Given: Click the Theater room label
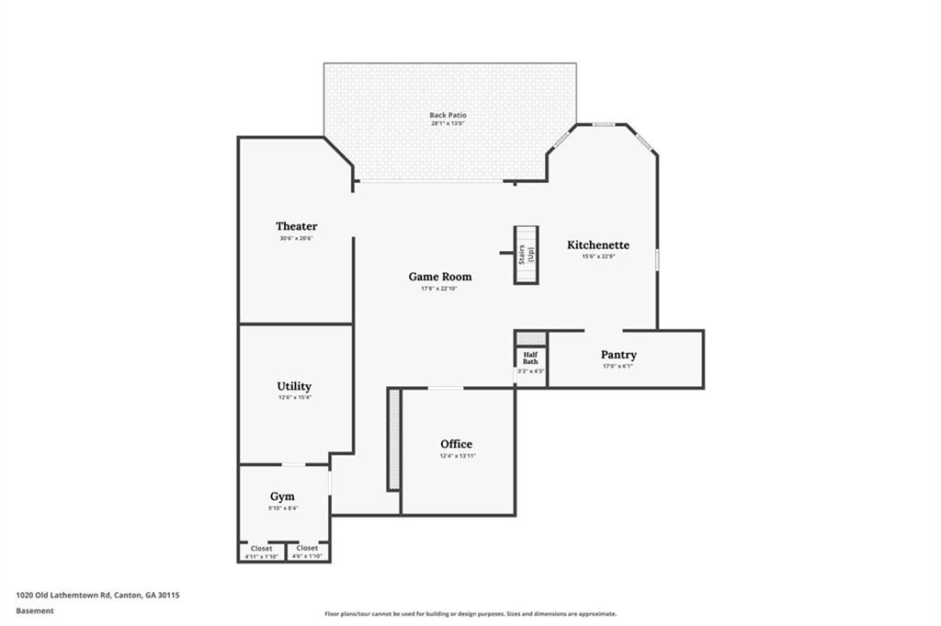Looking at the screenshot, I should coord(296,226).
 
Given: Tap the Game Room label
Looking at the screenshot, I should coord(440,277).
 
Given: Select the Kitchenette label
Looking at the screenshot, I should coord(598,245).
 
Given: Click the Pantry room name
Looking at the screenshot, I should coord(618,355).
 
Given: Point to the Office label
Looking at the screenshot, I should coord(457,444).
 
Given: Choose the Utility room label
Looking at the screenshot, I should coord(294,386).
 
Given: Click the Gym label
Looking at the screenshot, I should coord(282,496).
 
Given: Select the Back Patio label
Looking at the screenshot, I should coord(448,116).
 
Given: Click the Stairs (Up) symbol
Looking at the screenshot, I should coord(526,254).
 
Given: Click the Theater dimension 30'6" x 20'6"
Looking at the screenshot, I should coord(297,238).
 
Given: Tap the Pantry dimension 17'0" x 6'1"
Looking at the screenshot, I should coord(618,366).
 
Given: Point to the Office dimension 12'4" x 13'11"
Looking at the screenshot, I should coord(457,456).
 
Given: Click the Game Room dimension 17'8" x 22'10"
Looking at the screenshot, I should coord(439,289).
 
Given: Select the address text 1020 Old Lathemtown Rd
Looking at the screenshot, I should coord(97,595).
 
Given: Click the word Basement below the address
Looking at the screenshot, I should coord(35,609).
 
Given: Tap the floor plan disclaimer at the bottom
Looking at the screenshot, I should coord(470,614).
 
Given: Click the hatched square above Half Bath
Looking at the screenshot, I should coord(530,338).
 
